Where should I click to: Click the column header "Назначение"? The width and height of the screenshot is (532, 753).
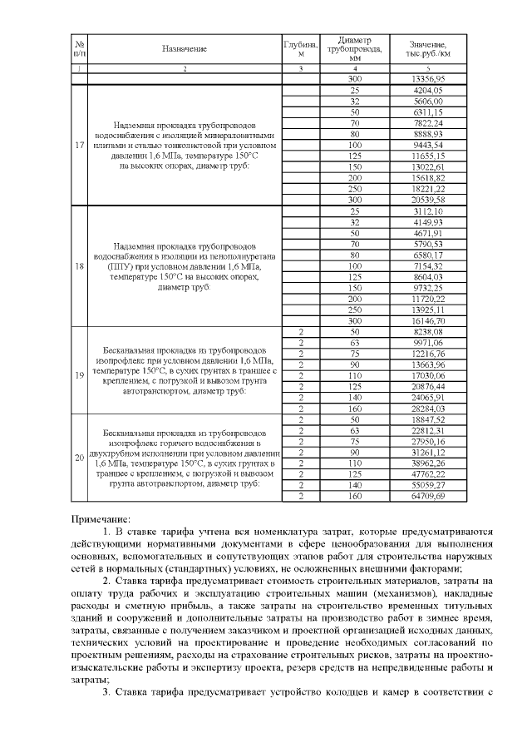pos(185,49)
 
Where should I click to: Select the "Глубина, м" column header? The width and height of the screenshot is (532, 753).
pos(301,49)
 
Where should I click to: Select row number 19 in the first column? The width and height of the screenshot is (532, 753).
pos(79,374)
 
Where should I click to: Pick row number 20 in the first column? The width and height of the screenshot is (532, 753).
pos(79,458)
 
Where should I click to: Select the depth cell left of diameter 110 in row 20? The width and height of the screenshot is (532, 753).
pos(301,463)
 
